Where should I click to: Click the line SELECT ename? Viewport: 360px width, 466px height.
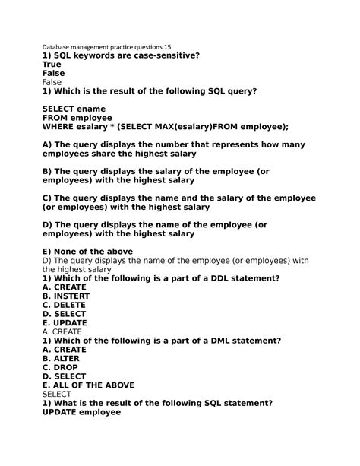pyautogui.click(x=74, y=109)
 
